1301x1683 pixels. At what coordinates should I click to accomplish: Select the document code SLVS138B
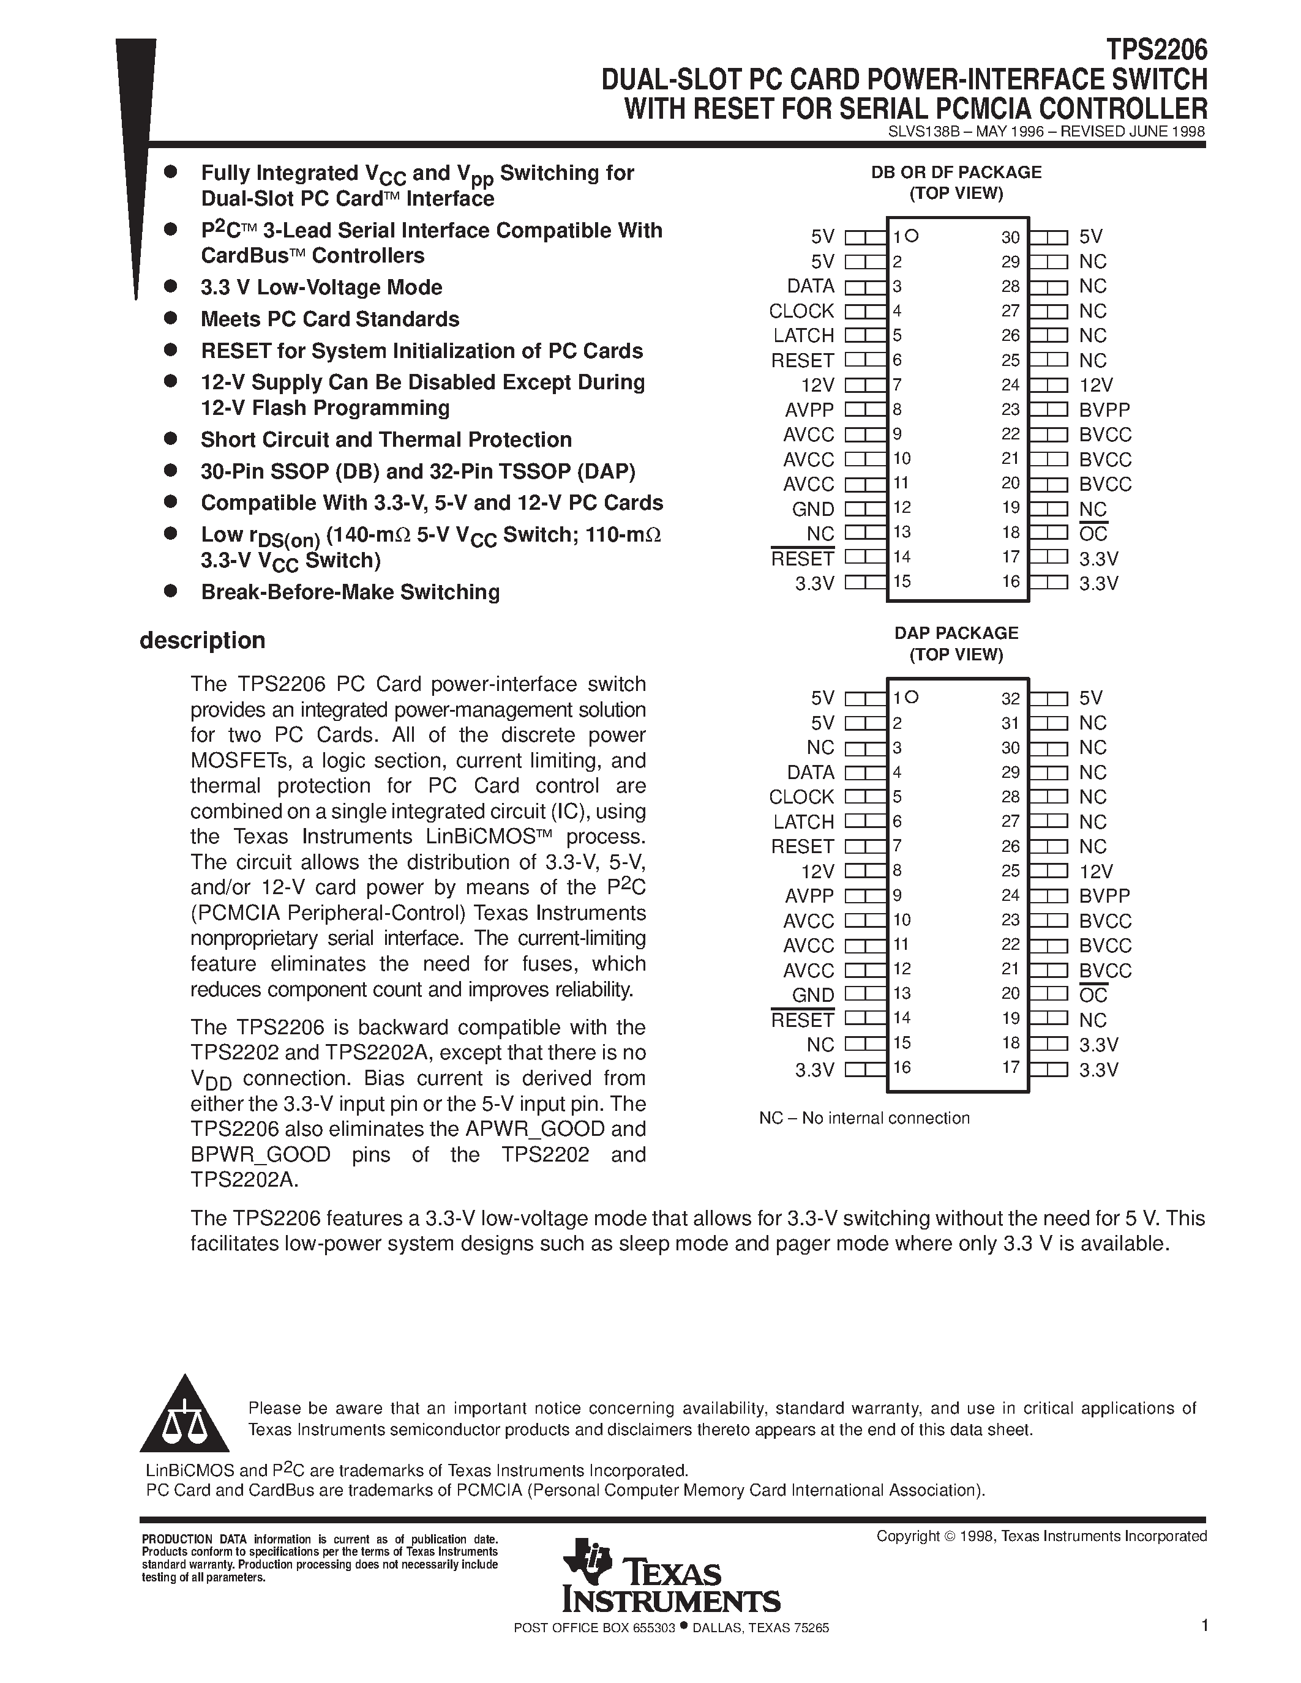(x=923, y=131)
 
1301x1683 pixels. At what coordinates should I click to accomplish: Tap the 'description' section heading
(x=202, y=640)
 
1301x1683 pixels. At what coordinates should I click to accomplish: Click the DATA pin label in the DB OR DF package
(x=810, y=286)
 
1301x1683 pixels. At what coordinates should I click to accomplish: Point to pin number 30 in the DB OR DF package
(x=1010, y=237)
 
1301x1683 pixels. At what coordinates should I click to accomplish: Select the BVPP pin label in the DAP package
(x=1104, y=895)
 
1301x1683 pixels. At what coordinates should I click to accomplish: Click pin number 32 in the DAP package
(x=1010, y=698)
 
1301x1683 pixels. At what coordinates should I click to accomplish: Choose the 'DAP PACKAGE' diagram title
(x=956, y=633)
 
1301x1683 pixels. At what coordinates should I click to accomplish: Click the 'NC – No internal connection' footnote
(x=864, y=1118)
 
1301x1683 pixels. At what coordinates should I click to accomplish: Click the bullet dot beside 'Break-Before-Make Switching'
(x=171, y=591)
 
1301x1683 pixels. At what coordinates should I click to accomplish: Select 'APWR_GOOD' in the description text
(x=534, y=1129)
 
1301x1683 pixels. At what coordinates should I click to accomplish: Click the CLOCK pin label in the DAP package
(x=801, y=797)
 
